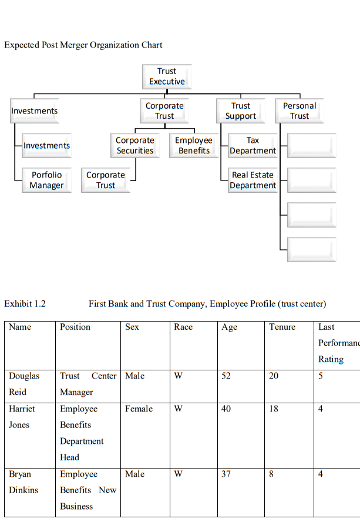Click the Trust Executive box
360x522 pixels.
pos(167,76)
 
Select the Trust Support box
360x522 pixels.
pos(241,111)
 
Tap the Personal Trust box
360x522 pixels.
pos(300,111)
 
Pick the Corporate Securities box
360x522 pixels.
pos(135,146)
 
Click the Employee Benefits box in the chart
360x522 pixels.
pos(194,146)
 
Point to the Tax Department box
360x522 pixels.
pos(253,146)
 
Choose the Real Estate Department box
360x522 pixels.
pos(253,180)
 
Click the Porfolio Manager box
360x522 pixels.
pos(47,180)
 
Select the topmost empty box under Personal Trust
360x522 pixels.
pos(312,146)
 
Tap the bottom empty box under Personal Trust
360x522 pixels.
pos(312,249)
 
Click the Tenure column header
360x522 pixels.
pos(282,327)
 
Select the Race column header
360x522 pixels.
pos(183,327)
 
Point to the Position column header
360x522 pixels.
pos(75,327)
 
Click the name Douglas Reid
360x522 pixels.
pos(24,384)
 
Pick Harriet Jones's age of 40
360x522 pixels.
pos(226,409)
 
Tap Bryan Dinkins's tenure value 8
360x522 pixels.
pos(271,474)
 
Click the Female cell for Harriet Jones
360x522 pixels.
pos(139,409)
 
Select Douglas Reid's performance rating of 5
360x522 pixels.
pos(321,376)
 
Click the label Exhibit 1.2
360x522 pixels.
pos(25,304)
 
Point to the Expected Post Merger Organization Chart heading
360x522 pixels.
pos(83,45)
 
